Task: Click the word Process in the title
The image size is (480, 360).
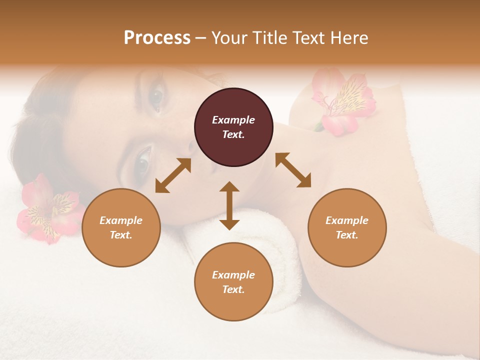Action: pos(157,38)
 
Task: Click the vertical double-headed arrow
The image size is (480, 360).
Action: pos(229,205)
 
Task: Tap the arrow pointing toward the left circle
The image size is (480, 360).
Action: pos(173,175)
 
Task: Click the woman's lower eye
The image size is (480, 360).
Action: pos(143,159)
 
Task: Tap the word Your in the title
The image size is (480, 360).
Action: pos(228,38)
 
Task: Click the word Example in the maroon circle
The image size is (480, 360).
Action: pos(233,120)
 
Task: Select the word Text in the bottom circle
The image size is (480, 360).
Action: pos(233,289)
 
